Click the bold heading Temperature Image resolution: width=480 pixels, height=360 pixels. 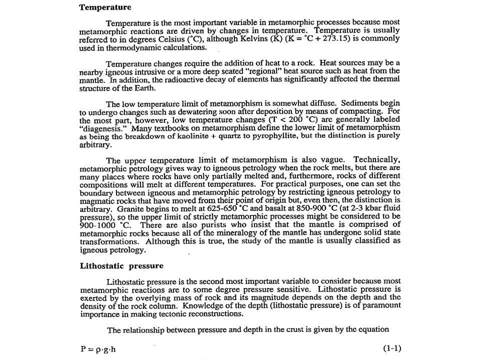[x=105, y=7]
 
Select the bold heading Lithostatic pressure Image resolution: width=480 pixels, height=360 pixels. [x=121, y=265]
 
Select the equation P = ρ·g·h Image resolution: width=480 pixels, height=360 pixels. [x=98, y=349]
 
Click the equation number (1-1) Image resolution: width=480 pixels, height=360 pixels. [x=390, y=348]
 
